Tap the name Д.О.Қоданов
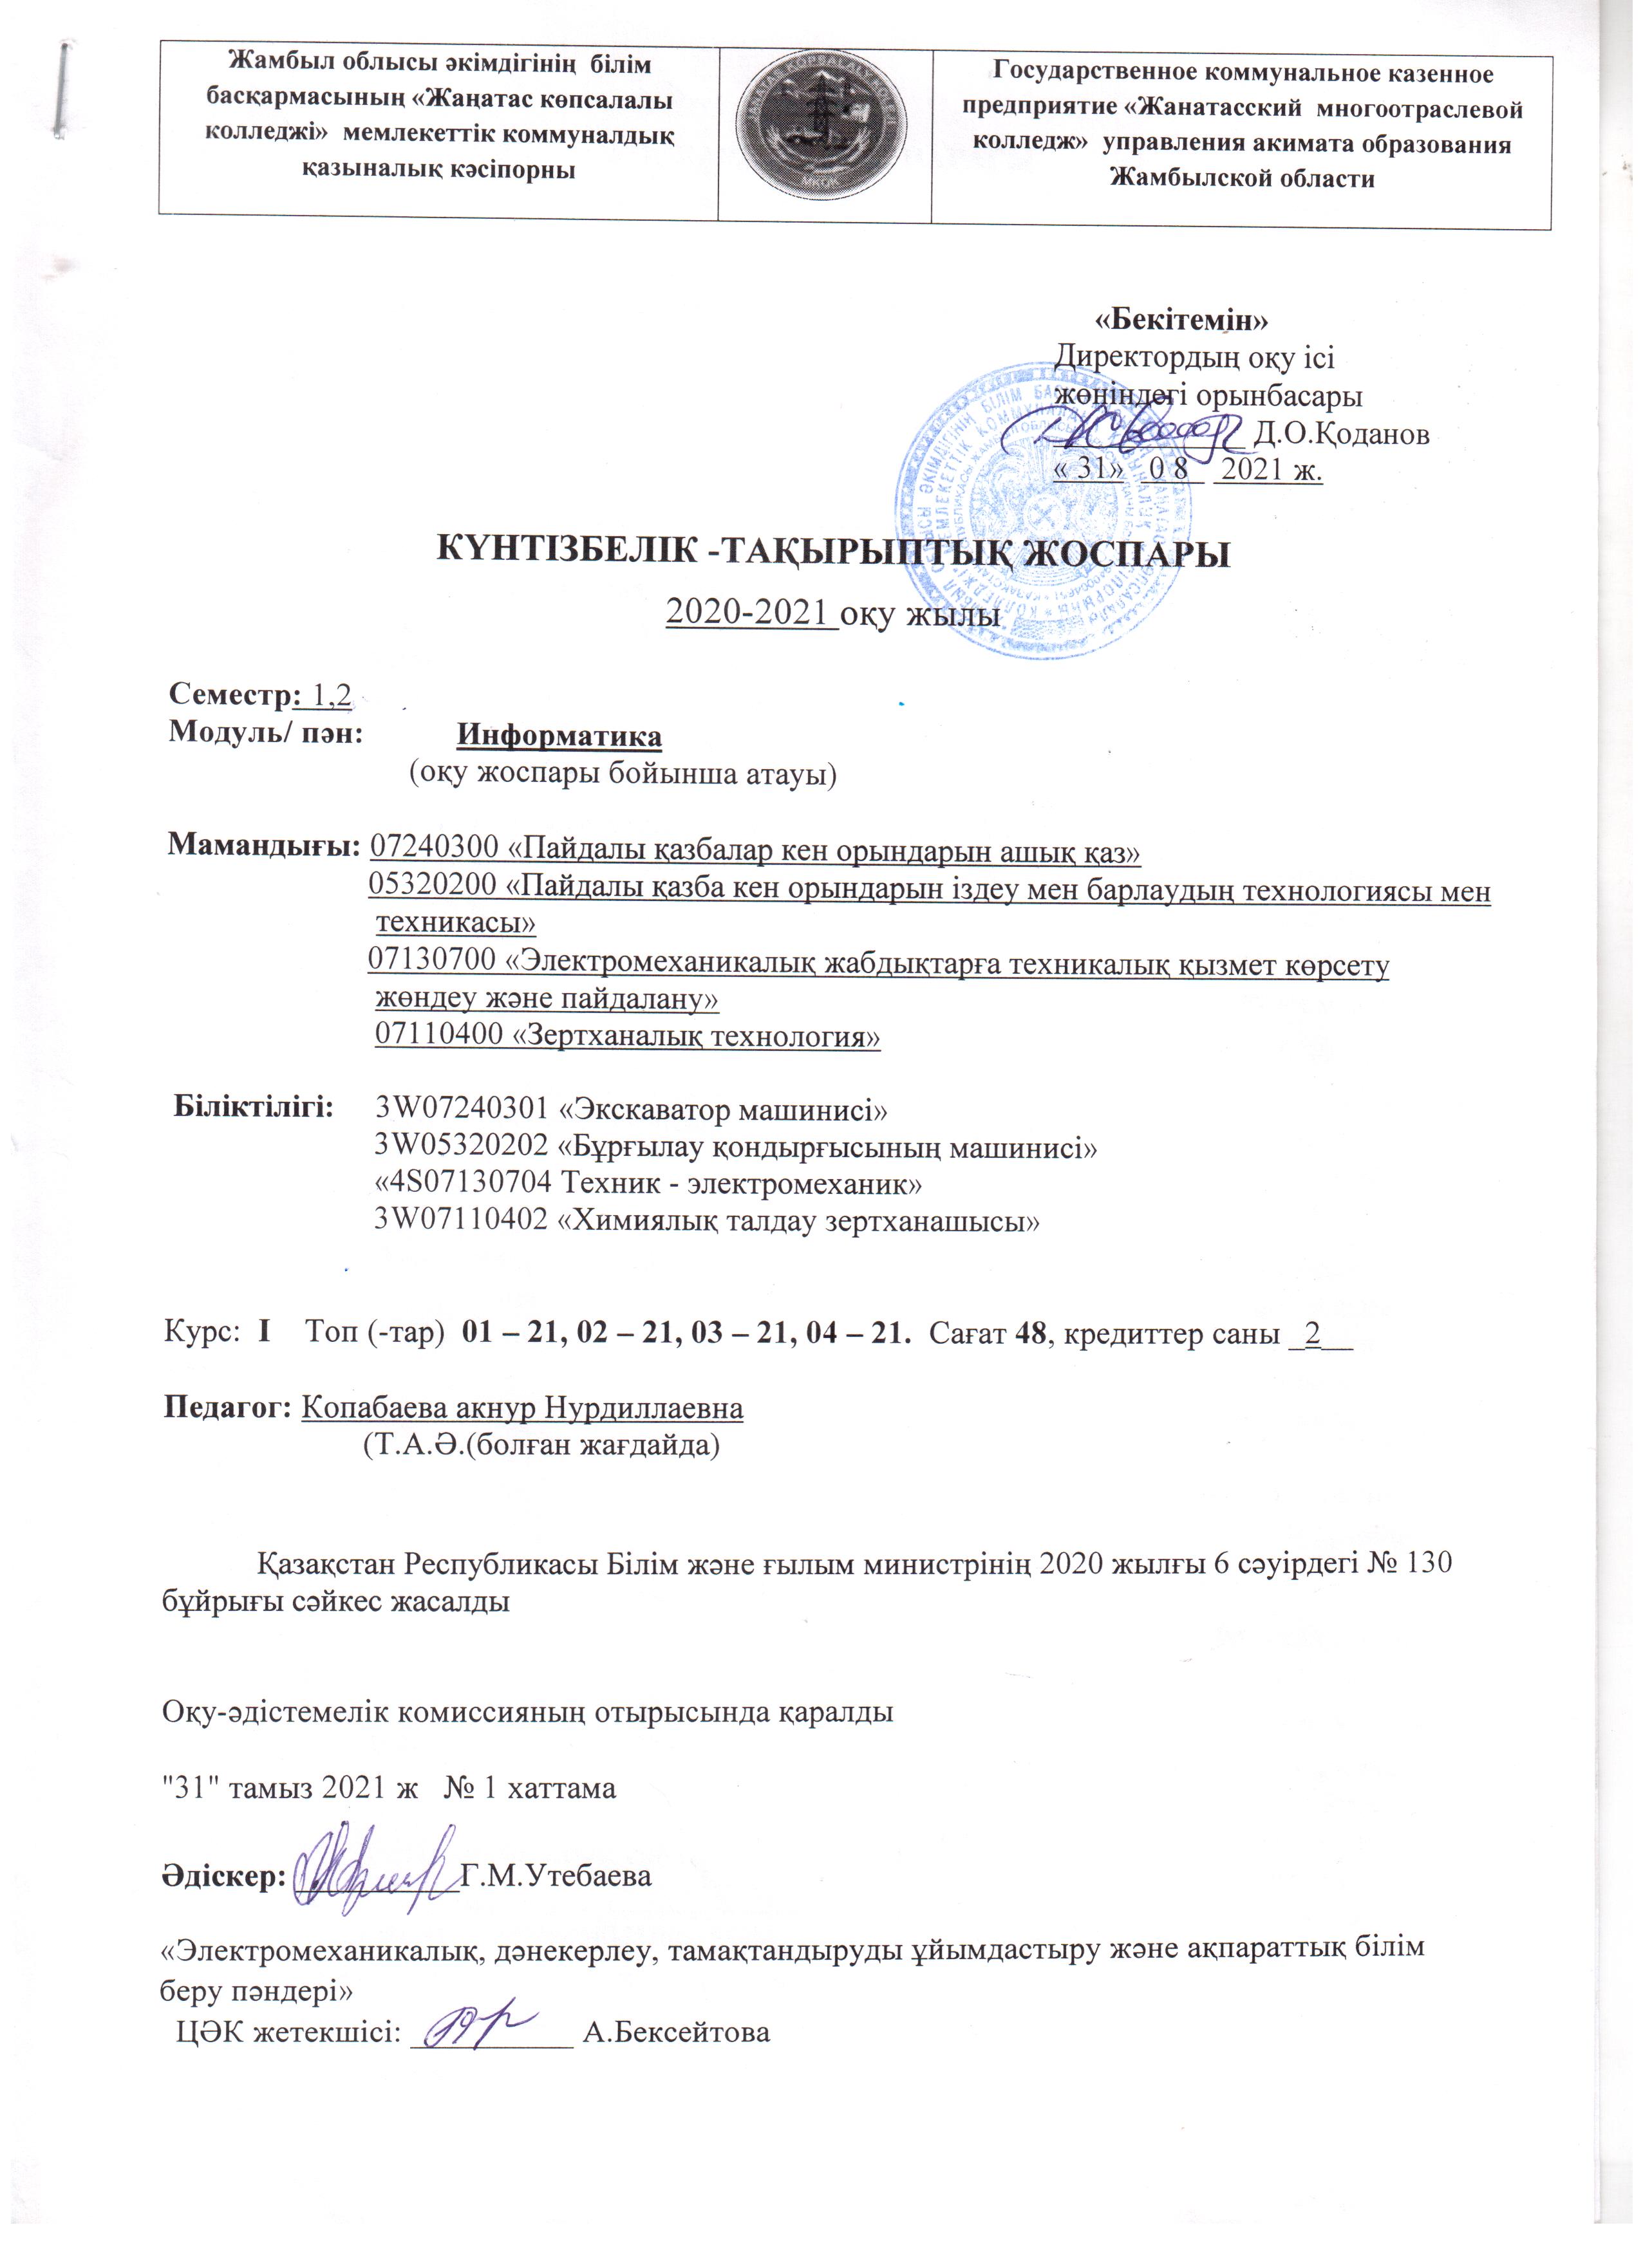[x=1342, y=434]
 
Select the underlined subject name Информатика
[x=559, y=736]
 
